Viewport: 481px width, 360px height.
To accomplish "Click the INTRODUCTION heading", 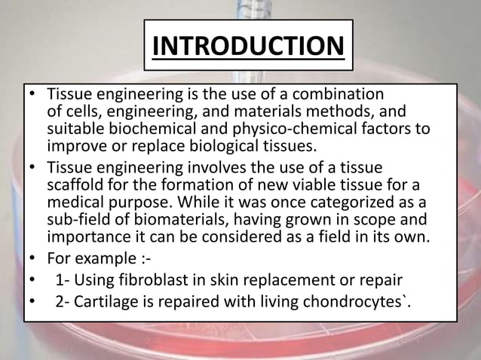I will tap(248, 45).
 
